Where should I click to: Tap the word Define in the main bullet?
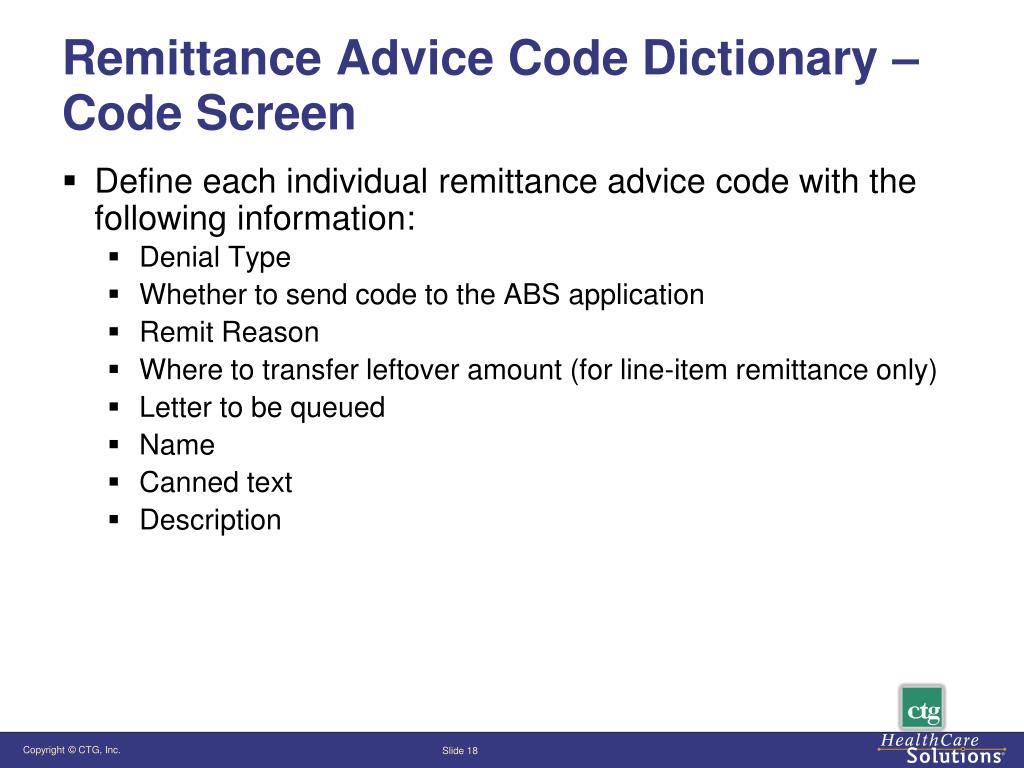click(x=144, y=183)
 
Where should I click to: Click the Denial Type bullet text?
click(x=215, y=258)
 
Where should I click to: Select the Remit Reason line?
click(x=229, y=332)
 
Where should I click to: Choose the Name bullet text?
click(x=177, y=445)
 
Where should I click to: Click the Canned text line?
click(x=216, y=482)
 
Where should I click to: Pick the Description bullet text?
click(x=210, y=520)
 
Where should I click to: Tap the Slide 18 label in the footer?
click(x=460, y=751)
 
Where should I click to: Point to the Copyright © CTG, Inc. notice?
click(x=72, y=750)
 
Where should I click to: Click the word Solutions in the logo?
click(x=940, y=757)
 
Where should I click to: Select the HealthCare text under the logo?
click(x=929, y=741)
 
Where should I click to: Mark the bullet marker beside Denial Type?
click(x=115, y=258)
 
